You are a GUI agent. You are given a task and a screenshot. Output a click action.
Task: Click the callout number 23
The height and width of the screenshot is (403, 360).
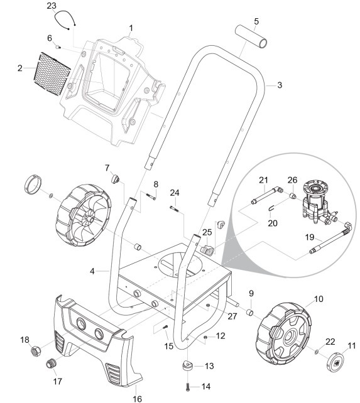[x=52, y=6]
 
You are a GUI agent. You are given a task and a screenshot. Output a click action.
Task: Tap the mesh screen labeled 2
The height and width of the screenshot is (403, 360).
[x=52, y=74]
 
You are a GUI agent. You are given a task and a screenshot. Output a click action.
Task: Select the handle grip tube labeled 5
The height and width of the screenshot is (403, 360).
[x=251, y=36]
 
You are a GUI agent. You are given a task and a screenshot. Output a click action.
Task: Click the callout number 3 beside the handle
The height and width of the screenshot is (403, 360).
[x=280, y=85]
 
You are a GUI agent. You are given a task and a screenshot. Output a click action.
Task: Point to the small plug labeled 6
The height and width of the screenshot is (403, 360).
[x=58, y=47]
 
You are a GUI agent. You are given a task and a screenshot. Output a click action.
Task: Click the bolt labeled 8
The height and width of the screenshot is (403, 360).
[x=151, y=196]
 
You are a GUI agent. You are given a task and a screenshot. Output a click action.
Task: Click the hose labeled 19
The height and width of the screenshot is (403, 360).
[x=330, y=238]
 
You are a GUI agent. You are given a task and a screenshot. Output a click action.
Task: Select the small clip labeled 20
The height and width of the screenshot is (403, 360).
[x=271, y=208]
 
